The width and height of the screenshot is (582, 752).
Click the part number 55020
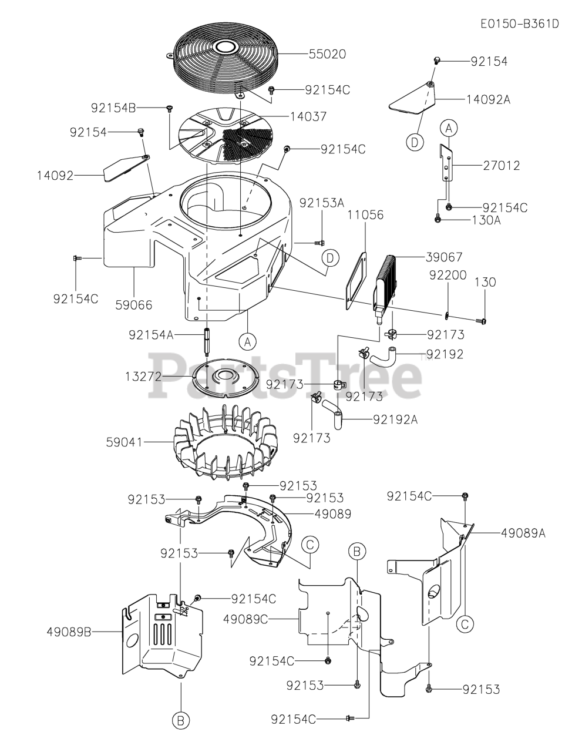coord(327,54)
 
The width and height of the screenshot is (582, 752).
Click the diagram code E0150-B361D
coord(519,24)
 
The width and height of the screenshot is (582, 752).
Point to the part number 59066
coord(133,304)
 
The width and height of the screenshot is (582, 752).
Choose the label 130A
coord(486,220)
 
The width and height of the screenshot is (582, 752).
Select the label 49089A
coord(523,533)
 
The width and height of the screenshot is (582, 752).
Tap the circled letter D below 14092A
coord(415,141)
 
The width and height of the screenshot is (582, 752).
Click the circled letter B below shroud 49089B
coord(181,719)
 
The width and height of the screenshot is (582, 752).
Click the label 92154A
coord(151,335)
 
